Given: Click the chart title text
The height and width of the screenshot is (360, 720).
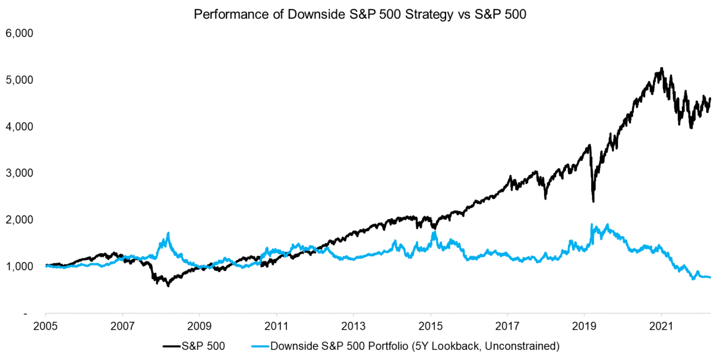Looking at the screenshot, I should [360, 15].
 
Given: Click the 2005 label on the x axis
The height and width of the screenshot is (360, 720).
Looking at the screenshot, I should [46, 326].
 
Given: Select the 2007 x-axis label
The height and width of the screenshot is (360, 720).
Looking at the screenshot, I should [122, 326].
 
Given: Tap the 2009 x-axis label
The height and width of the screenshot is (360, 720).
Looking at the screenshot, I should [199, 326].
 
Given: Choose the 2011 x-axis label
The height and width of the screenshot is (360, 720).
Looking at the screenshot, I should [276, 326].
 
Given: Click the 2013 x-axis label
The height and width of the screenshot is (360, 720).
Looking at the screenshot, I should [353, 326].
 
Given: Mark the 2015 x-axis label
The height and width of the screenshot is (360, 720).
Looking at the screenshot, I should [430, 326].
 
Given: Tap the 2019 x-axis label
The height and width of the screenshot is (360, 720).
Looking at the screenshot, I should [584, 326].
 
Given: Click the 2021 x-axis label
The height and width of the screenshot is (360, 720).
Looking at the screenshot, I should [661, 326].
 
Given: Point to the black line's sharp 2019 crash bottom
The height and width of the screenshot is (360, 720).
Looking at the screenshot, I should [593, 201].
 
